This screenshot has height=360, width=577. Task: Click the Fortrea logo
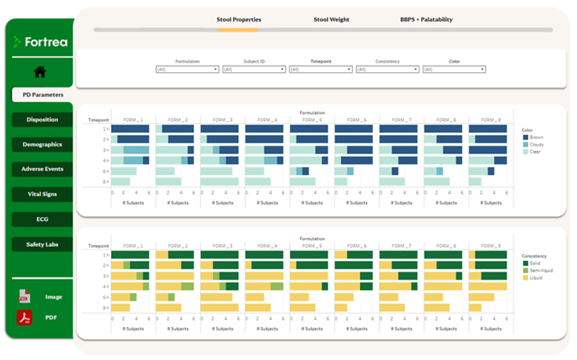coord(39,42)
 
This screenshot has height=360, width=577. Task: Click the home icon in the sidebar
coord(39,72)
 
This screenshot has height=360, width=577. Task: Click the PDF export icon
coord(24,318)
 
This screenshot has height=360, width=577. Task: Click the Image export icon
coord(24,297)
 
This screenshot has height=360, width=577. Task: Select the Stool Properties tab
coord(238,18)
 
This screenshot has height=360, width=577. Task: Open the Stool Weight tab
coord(330,18)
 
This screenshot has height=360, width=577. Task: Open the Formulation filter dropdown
coord(186,70)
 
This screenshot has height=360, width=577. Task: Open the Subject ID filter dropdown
coord(253,70)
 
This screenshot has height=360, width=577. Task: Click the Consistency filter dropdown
coord(387,70)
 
